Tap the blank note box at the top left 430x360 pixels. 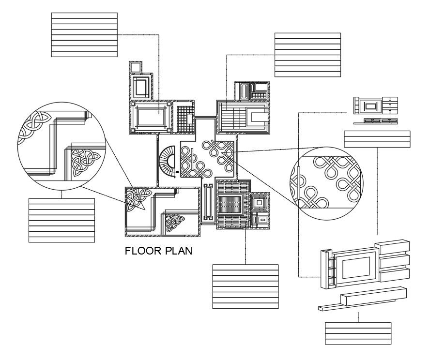(84, 35)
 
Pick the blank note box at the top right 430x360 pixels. (307, 55)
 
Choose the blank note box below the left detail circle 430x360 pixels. (61, 220)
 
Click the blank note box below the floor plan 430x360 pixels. (246, 286)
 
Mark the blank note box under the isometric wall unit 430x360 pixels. (358, 333)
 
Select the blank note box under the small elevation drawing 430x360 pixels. (377, 139)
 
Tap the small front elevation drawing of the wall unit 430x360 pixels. (376, 109)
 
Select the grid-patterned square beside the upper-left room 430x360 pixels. (184, 118)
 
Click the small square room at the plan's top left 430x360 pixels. (135, 67)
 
